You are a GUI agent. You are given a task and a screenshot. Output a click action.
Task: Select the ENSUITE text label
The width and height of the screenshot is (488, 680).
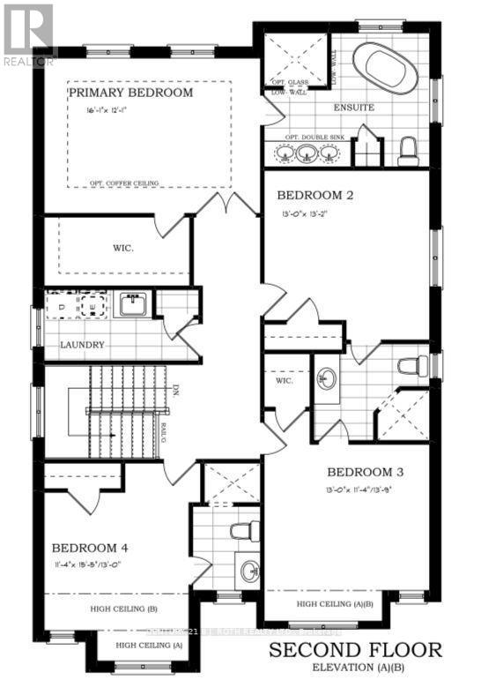click(353, 108)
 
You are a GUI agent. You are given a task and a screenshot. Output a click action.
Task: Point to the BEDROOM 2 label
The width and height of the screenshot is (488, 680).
click(314, 195)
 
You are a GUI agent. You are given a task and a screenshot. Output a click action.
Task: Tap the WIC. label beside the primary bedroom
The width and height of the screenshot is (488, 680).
click(124, 248)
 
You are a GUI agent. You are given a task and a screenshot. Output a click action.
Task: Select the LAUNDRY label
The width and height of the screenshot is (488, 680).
click(83, 345)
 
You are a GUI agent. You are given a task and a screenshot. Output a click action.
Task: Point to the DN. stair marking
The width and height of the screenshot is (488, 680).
click(176, 389)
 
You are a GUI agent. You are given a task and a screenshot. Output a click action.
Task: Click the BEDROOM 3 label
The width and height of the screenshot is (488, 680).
click(364, 471)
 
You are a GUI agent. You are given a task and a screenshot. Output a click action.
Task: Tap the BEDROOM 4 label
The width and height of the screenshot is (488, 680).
click(92, 546)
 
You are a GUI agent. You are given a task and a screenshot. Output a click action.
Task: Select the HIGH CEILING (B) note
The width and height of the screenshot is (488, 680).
click(123, 608)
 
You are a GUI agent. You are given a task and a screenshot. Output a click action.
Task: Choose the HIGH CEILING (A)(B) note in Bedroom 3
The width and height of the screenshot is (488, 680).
click(335, 604)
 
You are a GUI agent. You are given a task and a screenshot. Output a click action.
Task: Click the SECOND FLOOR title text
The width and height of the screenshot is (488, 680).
click(355, 651)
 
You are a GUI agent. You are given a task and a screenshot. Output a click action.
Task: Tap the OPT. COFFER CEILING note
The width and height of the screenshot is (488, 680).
click(124, 183)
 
